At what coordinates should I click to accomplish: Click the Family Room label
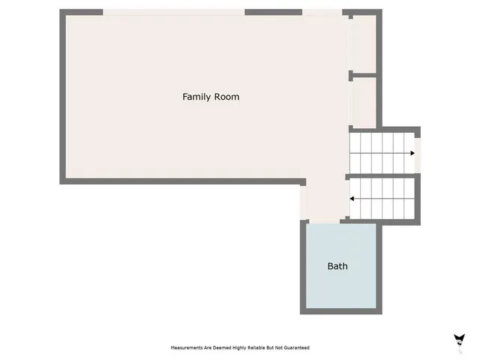[211, 97]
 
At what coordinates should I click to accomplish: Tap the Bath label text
[337, 266]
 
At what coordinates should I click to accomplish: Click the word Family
[197, 97]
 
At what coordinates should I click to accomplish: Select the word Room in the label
[226, 97]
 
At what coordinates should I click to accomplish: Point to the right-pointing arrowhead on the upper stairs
[412, 153]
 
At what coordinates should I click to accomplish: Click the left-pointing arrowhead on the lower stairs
[351, 199]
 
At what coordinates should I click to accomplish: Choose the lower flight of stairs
[381, 199]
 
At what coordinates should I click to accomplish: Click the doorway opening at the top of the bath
[323, 222]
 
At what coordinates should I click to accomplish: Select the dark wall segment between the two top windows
[273, 12]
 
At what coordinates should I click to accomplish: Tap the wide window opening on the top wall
[174, 12]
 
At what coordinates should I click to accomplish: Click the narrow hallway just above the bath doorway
[323, 201]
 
